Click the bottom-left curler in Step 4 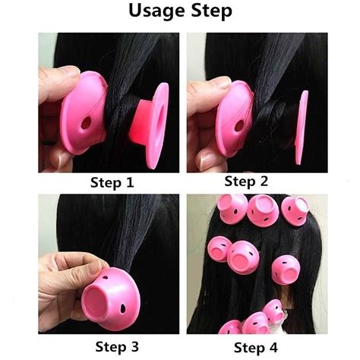tap(229, 328)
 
